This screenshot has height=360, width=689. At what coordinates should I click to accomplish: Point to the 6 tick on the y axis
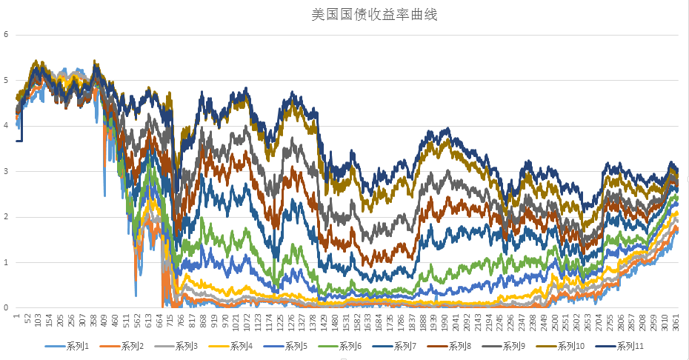coord(6,34)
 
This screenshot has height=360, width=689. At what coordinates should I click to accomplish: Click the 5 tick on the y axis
coord(6,80)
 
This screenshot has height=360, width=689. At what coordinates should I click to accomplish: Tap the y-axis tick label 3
coord(6,171)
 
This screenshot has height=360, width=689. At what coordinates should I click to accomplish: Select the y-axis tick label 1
coord(6,262)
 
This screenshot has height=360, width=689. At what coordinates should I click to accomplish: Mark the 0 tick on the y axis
coord(6,307)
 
